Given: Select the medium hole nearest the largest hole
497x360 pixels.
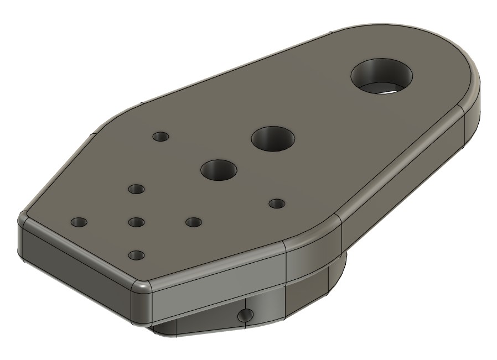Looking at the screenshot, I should click(273, 138).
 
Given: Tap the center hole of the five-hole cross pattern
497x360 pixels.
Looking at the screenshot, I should click(136, 222).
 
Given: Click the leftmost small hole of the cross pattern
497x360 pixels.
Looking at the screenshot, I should click(79, 222).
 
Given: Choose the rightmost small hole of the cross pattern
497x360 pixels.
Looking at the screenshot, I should click(193, 222).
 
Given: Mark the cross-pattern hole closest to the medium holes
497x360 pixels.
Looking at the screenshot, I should click(136, 189).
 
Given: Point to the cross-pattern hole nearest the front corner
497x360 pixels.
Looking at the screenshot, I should click(136, 255).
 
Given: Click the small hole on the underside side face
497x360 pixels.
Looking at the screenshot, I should click(245, 316).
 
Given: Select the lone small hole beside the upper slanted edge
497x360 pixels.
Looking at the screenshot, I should click(161, 136).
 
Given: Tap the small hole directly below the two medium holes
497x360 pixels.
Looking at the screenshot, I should click(276, 204).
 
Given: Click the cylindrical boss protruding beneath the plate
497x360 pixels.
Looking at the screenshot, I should click(315, 276).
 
